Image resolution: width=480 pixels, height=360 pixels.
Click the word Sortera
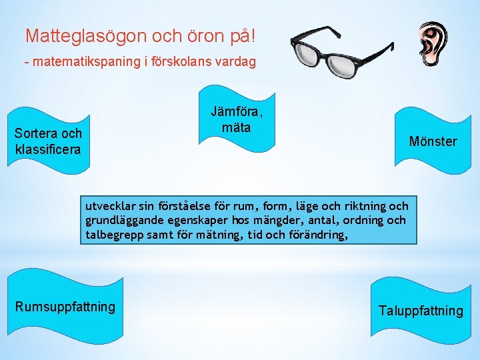[x=36, y=134]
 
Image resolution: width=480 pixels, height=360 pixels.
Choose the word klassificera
[x=47, y=149]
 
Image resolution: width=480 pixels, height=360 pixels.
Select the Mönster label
[x=433, y=141]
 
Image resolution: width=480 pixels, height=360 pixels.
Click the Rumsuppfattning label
[x=65, y=307]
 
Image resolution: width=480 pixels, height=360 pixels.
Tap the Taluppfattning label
[x=420, y=311]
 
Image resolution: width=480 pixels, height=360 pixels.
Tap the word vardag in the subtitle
[x=233, y=62]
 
